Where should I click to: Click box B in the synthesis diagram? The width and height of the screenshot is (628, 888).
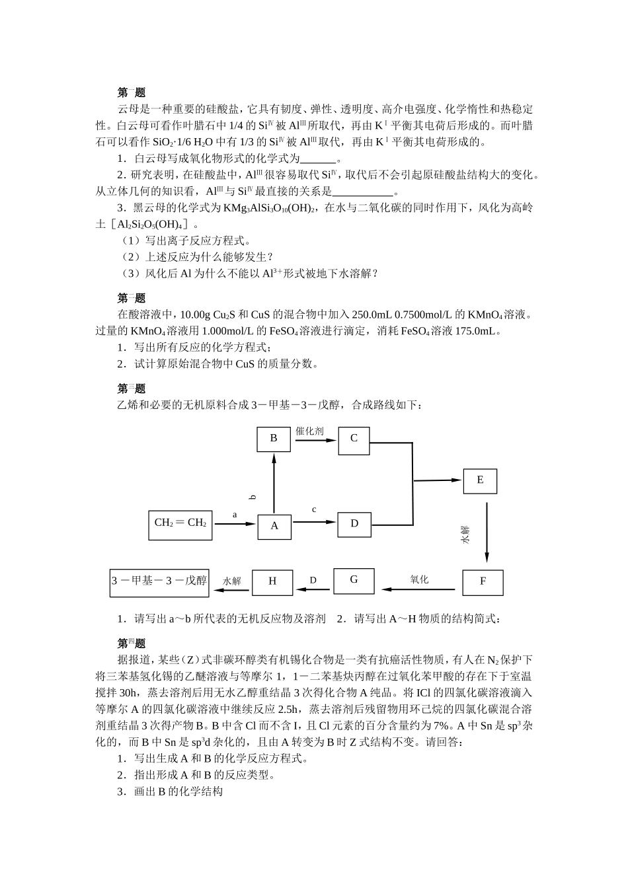(x=274, y=439)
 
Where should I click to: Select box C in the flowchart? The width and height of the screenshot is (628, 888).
(x=354, y=439)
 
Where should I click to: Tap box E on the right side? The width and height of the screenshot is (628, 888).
(x=481, y=480)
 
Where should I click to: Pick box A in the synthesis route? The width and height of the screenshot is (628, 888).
(x=274, y=526)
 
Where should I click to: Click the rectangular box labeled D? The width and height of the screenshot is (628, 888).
(x=354, y=524)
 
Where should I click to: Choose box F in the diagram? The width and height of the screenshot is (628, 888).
(x=483, y=581)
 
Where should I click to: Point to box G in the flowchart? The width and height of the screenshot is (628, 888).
(x=354, y=580)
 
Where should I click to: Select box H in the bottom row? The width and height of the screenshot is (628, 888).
(x=272, y=581)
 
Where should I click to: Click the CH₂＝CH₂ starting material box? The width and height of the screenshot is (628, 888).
(x=180, y=523)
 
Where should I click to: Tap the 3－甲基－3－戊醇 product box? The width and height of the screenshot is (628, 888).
(x=159, y=581)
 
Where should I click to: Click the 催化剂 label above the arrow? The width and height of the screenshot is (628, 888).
(x=309, y=431)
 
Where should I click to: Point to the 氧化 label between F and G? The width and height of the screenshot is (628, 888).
(x=419, y=580)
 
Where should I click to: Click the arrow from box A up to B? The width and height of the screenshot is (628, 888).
(x=274, y=484)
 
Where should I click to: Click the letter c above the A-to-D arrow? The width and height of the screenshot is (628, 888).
(x=314, y=510)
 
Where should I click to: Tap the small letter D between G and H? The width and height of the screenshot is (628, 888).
(x=313, y=581)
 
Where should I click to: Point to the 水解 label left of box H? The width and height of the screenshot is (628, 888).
(x=232, y=581)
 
